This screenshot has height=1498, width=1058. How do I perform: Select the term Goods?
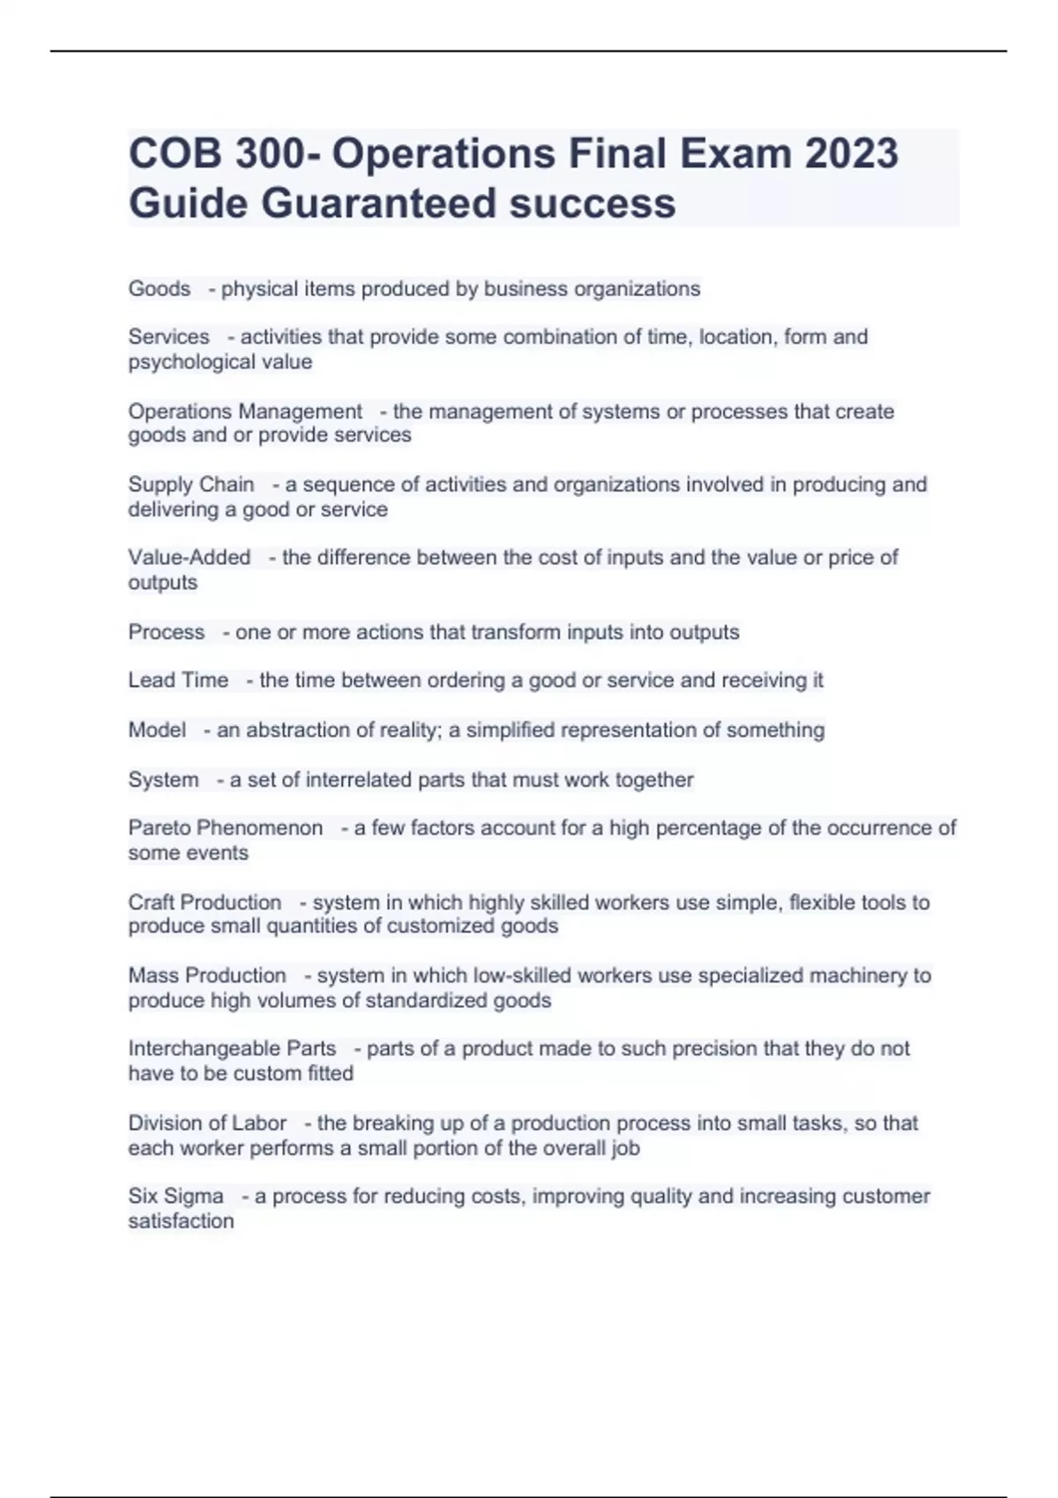(160, 289)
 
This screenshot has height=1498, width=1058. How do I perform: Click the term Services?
(169, 337)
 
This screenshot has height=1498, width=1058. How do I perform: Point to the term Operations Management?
(245, 412)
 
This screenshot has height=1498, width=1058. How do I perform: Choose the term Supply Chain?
(191, 485)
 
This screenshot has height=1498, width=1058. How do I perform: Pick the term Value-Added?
(190, 558)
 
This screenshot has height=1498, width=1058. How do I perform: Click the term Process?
(167, 632)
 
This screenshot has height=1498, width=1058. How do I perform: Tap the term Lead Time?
(178, 680)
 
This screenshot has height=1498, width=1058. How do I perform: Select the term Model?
(157, 730)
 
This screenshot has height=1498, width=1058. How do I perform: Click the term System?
(163, 780)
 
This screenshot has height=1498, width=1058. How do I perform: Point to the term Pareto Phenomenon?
(226, 828)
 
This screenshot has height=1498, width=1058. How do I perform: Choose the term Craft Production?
(205, 902)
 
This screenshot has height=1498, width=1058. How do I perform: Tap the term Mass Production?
(207, 975)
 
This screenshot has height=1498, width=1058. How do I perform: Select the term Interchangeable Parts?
(232, 1049)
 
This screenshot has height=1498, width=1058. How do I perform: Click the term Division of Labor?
(207, 1123)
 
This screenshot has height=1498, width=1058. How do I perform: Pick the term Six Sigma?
(176, 1197)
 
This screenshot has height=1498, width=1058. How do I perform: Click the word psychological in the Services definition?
(183, 362)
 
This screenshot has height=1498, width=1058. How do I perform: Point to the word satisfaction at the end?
(182, 1221)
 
